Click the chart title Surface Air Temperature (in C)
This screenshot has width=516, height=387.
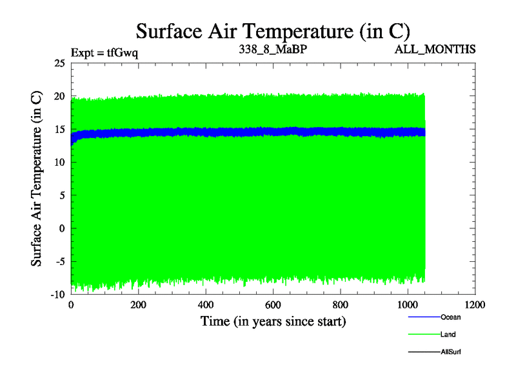(x=273, y=30)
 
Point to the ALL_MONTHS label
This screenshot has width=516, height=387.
(x=437, y=49)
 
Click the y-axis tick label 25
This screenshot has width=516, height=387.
(x=59, y=63)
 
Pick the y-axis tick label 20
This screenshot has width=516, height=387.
(x=59, y=96)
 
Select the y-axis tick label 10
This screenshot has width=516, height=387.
(x=59, y=162)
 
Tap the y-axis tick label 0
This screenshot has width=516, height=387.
(x=62, y=228)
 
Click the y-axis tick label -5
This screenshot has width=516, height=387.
(x=60, y=261)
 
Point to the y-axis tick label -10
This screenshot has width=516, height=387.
(x=57, y=294)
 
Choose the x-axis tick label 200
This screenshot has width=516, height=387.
(x=138, y=304)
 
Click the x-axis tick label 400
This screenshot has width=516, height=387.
(x=206, y=304)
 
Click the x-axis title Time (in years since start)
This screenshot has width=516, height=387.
(x=273, y=321)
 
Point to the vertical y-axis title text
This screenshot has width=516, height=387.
(x=37, y=179)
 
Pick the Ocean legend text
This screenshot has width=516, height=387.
(x=450, y=317)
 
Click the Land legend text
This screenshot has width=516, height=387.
(x=448, y=335)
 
